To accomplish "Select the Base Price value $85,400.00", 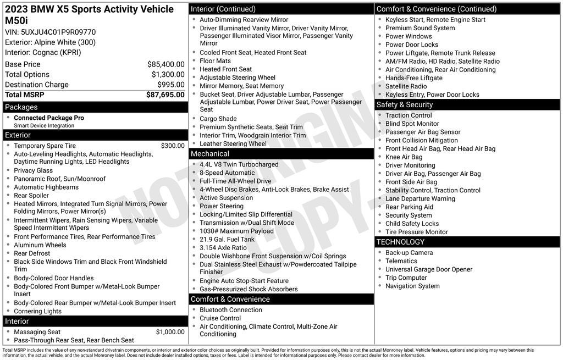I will point(165,64).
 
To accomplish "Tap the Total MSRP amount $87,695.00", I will point(165,95).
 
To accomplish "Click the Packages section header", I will point(21,107).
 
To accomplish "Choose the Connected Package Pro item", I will point(49,118).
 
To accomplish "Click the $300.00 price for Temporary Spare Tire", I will point(173,146).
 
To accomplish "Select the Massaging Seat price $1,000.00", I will point(170,332).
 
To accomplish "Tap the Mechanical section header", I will point(210,154).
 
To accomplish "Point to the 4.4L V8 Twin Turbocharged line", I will point(239,164).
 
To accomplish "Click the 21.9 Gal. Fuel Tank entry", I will point(227,239).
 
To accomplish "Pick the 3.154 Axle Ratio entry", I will point(223,247).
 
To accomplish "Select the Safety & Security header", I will point(405,104).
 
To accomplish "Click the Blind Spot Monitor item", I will point(412,124).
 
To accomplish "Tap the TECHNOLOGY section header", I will point(400,242).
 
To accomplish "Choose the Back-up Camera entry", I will point(409,252).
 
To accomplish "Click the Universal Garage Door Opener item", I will point(428,269).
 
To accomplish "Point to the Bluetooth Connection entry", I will point(230,310).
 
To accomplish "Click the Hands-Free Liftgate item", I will point(413,78).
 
